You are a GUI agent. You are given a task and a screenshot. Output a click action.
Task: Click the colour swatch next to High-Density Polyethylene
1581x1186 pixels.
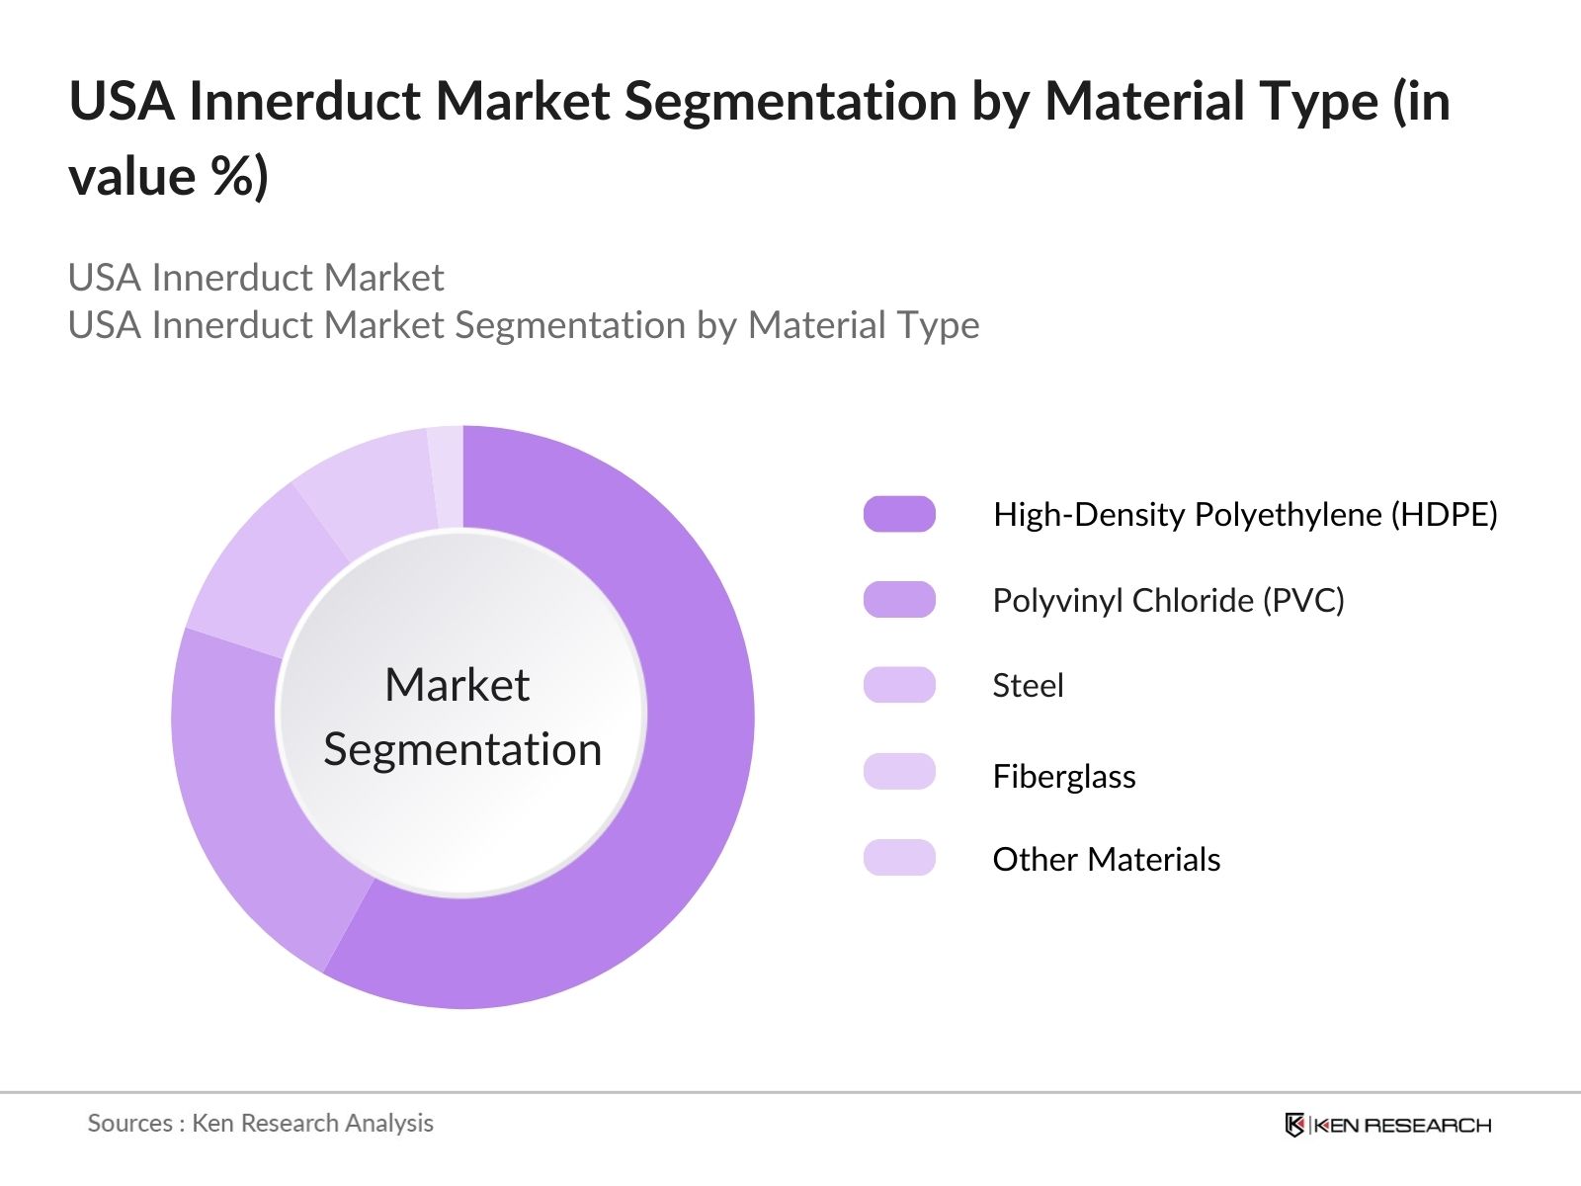click(x=899, y=514)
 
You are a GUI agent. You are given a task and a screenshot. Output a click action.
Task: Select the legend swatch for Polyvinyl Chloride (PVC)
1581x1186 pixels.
click(x=899, y=600)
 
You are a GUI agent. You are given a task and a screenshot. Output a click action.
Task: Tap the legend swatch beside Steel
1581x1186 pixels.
click(x=899, y=685)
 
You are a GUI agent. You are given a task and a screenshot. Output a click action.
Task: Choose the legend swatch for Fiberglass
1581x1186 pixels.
click(x=899, y=771)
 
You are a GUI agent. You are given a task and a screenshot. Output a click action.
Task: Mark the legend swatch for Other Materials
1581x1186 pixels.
click(x=899, y=858)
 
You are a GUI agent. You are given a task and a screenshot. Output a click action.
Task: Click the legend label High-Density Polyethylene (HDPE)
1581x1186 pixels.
click(x=1245, y=514)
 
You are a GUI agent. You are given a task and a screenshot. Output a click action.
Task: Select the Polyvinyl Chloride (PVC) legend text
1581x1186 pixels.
click(x=1168, y=600)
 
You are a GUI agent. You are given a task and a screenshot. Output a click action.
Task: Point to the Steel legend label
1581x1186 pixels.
click(x=1028, y=685)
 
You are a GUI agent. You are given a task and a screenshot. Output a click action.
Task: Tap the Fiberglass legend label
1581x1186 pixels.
click(x=1064, y=776)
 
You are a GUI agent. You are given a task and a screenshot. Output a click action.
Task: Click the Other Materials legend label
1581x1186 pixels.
click(x=1106, y=859)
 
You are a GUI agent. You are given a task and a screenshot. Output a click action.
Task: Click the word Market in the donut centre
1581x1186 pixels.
click(x=458, y=685)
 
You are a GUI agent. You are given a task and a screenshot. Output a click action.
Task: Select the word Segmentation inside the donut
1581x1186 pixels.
click(x=462, y=749)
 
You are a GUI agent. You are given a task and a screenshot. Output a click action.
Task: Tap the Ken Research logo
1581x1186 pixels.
click(x=1387, y=1125)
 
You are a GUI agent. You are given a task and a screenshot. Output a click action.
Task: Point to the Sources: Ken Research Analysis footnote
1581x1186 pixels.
click(x=261, y=1123)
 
